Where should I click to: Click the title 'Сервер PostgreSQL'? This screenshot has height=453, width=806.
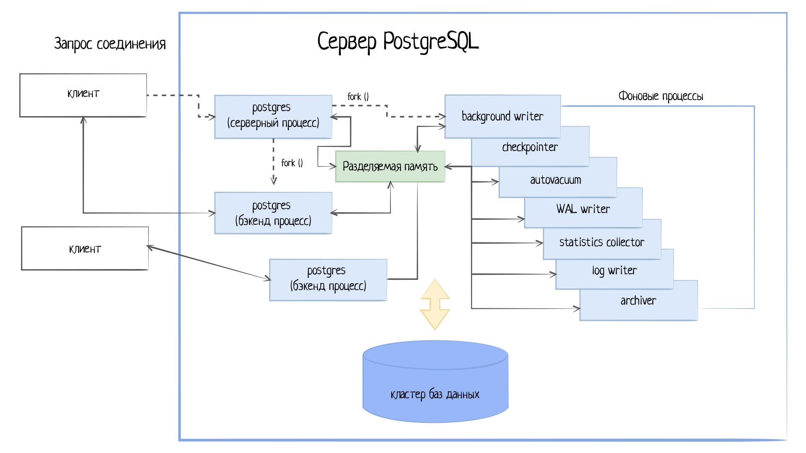tap(398, 42)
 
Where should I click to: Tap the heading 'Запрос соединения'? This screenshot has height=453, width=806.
tap(110, 44)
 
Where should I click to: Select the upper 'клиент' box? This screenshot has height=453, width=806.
tap(83, 95)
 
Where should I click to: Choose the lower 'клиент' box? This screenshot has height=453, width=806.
tap(85, 248)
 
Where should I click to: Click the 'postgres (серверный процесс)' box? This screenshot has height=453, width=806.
tap(273, 116)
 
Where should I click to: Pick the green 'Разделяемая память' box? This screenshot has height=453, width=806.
tap(390, 167)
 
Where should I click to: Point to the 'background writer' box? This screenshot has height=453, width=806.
tap(502, 116)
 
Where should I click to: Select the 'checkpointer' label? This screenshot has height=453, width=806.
tap(530, 147)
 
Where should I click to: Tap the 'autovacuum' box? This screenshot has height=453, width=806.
tap(555, 180)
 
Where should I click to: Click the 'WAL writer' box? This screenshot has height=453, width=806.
tap(583, 209)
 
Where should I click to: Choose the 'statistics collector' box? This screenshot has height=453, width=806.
tap(601, 242)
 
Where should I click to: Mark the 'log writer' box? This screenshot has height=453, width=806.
tap(614, 271)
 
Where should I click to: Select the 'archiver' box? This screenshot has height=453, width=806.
tap(638, 301)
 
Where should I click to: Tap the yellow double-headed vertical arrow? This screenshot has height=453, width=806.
tap(435, 305)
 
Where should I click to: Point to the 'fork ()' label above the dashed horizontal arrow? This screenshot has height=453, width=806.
tap(358, 96)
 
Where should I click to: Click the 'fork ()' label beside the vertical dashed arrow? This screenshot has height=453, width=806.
tap(292, 163)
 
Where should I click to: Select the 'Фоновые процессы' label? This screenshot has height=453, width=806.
tap(660, 96)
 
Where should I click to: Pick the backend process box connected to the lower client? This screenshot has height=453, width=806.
tap(328, 279)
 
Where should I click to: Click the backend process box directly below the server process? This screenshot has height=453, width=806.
tap(273, 213)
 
